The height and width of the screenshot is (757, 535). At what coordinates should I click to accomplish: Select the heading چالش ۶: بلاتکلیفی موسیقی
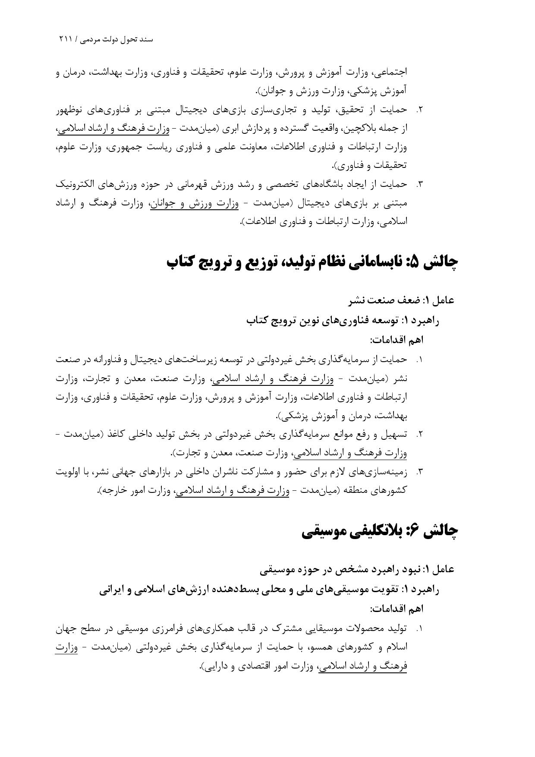pyautogui.click(x=380, y=531)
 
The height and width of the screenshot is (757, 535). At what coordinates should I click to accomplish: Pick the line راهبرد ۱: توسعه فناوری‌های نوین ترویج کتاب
pyautogui.click(x=343, y=320)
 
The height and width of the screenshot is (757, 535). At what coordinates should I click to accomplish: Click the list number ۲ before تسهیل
pyautogui.click(x=419, y=435)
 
